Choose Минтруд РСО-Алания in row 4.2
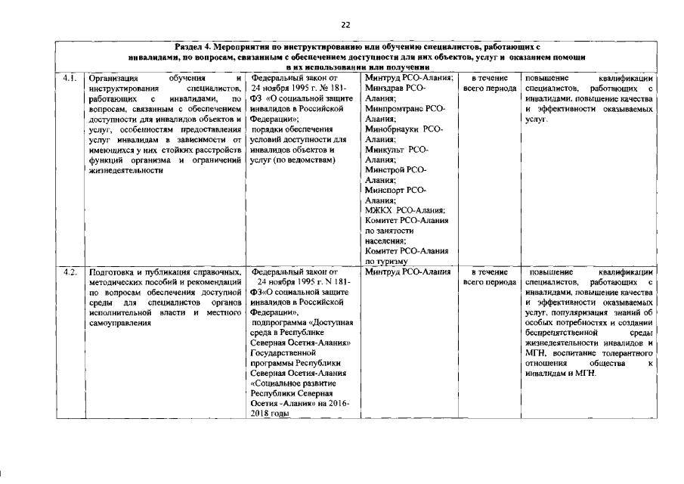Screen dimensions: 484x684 pyautogui.click(x=408, y=271)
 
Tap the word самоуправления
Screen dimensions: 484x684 pyautogui.click(x=121, y=322)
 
